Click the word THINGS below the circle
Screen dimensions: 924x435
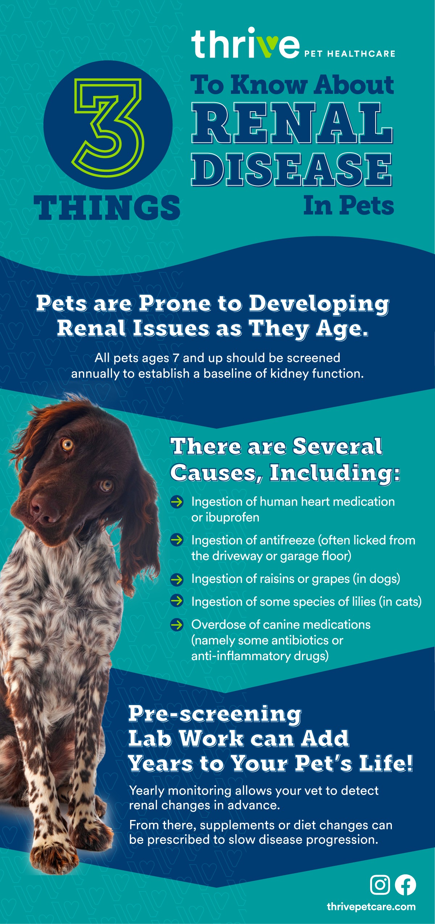[107, 208]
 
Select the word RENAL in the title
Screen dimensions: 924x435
[292, 123]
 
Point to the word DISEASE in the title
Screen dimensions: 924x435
[292, 170]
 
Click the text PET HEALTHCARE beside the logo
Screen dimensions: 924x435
[349, 54]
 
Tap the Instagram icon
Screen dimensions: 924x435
[380, 884]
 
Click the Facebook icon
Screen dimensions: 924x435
[405, 884]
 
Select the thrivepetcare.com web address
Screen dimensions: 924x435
[371, 907]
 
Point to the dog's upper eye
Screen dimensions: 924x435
[67, 444]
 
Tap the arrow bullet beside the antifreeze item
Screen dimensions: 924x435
[177, 540]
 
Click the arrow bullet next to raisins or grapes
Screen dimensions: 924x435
[177, 579]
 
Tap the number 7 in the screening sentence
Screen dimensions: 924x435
[176, 358]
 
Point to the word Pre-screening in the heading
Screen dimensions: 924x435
[215, 714]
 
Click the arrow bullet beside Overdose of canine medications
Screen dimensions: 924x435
[177, 625]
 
